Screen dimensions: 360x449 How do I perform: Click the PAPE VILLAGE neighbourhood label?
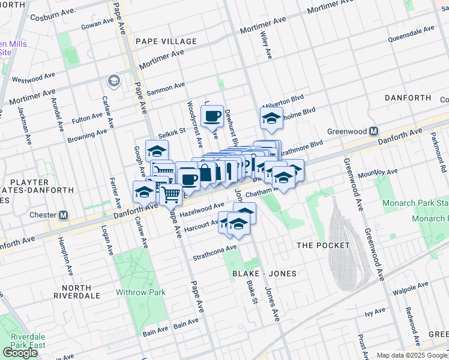pos(166,41)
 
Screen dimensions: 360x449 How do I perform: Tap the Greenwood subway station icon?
pos(373,131)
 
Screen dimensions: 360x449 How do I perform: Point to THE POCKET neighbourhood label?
pos(323,245)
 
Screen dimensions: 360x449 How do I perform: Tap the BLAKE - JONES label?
pos(265,274)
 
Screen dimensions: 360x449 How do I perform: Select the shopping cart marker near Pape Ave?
pos(171,194)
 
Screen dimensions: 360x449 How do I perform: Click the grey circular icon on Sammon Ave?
pos(112,80)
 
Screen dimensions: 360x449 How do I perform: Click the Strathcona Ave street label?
pos(214,253)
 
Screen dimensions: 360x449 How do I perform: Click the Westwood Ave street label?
pos(34,78)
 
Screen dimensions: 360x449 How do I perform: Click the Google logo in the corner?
pos(20,353)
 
